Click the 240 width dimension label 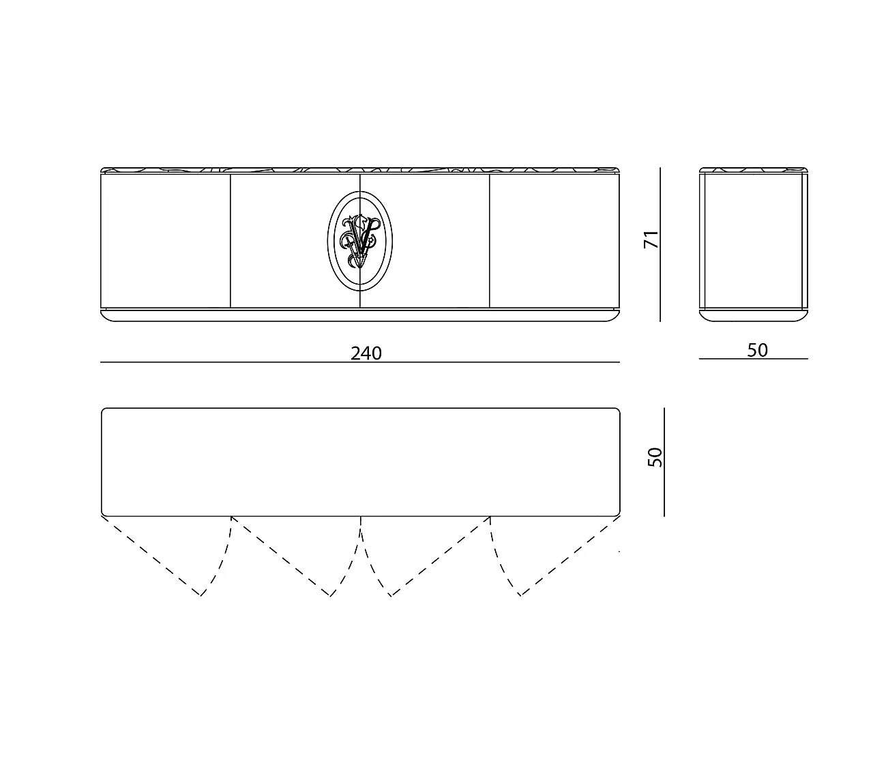(x=366, y=353)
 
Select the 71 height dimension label (x=652, y=239)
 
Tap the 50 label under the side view (x=757, y=350)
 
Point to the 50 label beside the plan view (x=655, y=457)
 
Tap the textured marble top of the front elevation (x=360, y=170)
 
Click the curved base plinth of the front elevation (x=360, y=316)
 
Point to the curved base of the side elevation (x=753, y=316)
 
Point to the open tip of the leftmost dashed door (x=201, y=596)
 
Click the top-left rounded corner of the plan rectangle (x=104, y=411)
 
